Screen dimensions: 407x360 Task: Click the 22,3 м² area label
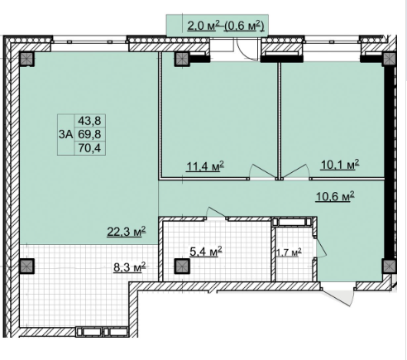pos(127,231)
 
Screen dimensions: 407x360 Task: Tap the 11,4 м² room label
pos(205,166)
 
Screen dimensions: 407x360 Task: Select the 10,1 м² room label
pos(340,165)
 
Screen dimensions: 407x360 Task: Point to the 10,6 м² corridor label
pos(335,196)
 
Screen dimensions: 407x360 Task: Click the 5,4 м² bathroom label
pos(206,252)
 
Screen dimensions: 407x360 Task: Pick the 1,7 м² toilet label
pos(289,252)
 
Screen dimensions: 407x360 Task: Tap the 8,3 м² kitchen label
pos(130,267)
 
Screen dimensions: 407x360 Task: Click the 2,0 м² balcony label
pos(203,26)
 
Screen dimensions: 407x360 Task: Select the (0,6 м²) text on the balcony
pos(245,26)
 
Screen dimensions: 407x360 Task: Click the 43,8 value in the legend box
pos(89,121)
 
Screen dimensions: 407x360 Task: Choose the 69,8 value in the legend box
pos(89,134)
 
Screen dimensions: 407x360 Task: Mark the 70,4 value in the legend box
pos(89,148)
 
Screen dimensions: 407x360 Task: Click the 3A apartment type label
pos(65,135)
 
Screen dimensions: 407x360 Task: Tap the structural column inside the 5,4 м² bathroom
pos(182,266)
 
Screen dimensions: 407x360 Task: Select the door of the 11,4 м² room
pos(263,171)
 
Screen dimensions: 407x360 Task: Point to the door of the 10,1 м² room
pos(295,171)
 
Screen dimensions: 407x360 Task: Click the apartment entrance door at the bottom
pos(338,295)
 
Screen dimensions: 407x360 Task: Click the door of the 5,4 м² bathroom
pos(216,214)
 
